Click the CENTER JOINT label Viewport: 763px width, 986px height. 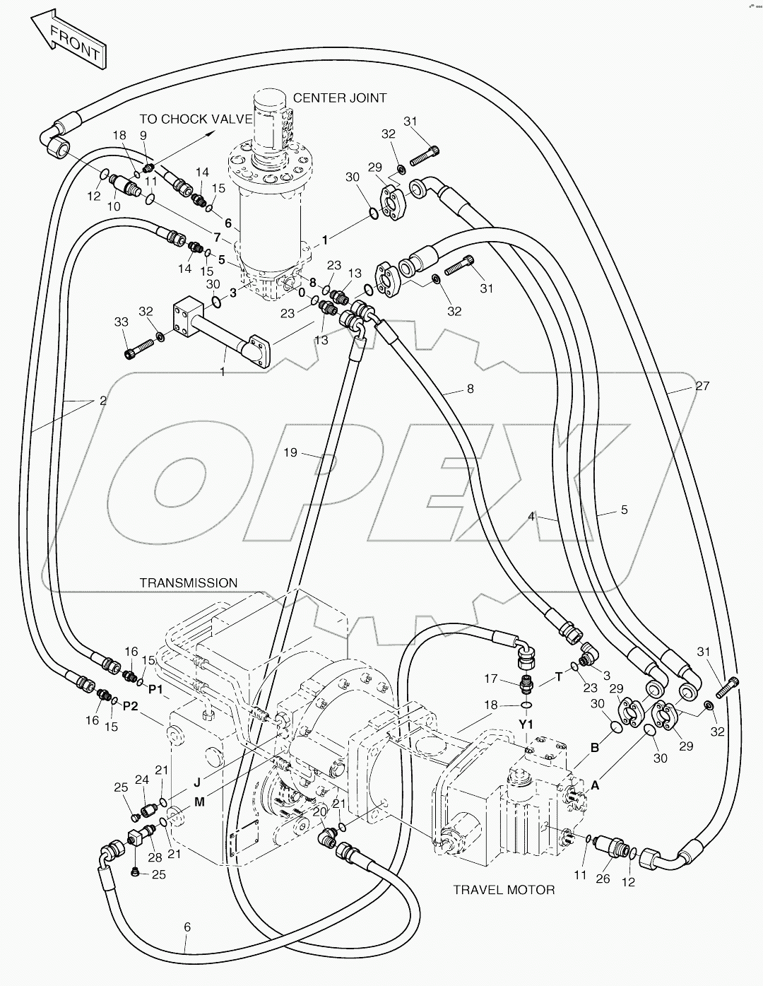tap(340, 98)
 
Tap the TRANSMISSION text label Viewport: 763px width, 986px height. tap(188, 582)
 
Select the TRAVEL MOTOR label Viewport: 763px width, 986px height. tap(503, 889)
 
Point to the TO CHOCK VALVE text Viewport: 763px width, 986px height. tap(195, 119)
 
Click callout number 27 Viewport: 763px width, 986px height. tap(702, 386)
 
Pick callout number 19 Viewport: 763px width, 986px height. tap(291, 452)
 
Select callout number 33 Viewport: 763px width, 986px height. tap(122, 322)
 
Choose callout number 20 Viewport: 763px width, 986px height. tap(319, 811)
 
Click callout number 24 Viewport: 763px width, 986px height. tap(142, 780)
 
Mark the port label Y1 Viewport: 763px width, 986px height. tap(526, 724)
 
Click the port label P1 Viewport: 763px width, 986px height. tap(155, 688)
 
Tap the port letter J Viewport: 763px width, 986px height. tap(197, 782)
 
